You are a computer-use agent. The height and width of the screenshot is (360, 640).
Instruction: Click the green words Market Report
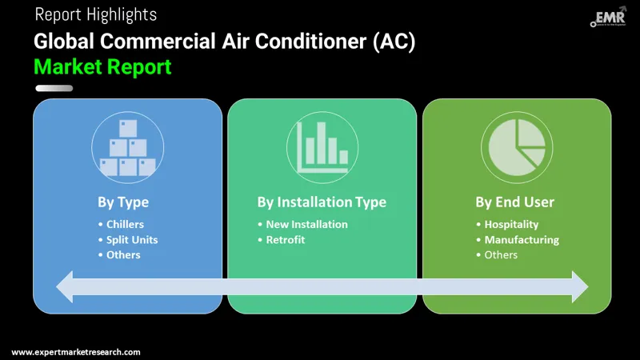coord(102,66)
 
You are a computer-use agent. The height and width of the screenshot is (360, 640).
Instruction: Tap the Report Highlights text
coord(96,14)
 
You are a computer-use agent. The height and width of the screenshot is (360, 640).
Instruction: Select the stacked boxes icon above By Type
coord(127,148)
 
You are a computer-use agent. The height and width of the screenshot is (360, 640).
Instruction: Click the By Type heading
coord(122,202)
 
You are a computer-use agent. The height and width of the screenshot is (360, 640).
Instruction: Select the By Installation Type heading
coord(322,202)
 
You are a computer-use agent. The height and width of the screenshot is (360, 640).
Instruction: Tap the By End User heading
coord(514,202)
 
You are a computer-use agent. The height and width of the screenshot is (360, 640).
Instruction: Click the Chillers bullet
coord(125,225)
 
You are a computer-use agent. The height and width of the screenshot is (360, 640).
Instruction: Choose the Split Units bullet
coord(132,240)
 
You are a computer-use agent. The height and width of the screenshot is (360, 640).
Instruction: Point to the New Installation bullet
coord(306,225)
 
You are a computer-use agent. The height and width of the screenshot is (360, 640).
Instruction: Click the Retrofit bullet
coord(286,240)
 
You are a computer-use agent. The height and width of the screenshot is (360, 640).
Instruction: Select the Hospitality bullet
coord(511,225)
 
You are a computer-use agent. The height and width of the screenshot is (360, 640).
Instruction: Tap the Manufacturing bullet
coord(522,240)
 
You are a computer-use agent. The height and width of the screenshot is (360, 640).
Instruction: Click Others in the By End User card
coord(501,255)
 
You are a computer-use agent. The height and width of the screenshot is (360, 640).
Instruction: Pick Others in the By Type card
coord(123,255)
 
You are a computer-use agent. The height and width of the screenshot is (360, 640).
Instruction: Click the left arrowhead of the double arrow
coord(64,286)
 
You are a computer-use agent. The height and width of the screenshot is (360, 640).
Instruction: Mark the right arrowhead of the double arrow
coord(579,286)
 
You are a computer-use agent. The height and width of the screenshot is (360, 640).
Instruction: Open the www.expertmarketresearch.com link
coord(76,352)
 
